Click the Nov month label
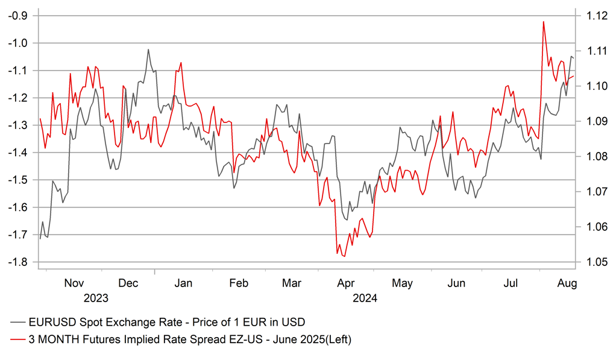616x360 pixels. [x=74, y=283]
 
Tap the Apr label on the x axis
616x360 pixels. [x=346, y=283]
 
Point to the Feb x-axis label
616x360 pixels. [x=239, y=283]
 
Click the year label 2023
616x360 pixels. [x=96, y=298]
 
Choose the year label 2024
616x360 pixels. [x=365, y=298]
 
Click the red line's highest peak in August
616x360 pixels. [x=543, y=22]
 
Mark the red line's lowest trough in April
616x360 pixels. [x=344, y=257]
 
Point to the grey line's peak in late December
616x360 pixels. [x=148, y=49]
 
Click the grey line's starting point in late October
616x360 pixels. [x=40, y=239]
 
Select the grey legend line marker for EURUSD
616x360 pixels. [x=19, y=321]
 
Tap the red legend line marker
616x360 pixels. [x=19, y=340]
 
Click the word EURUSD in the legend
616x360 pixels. [x=51, y=321]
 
